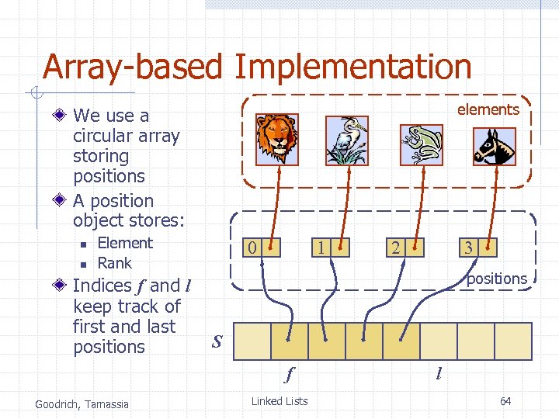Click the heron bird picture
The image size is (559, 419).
click(345, 140)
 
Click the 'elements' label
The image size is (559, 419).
click(488, 110)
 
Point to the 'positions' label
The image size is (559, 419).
click(496, 279)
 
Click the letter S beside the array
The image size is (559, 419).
click(217, 341)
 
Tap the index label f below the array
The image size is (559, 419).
click(289, 375)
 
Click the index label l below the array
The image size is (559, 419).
click(439, 375)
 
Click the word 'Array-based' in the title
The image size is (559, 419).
click(132, 68)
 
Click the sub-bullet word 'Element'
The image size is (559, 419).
click(125, 243)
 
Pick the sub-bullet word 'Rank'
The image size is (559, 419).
click(114, 263)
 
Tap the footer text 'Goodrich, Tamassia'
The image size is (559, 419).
click(82, 403)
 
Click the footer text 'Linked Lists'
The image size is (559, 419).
click(279, 401)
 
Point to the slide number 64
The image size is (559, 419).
click(505, 401)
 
